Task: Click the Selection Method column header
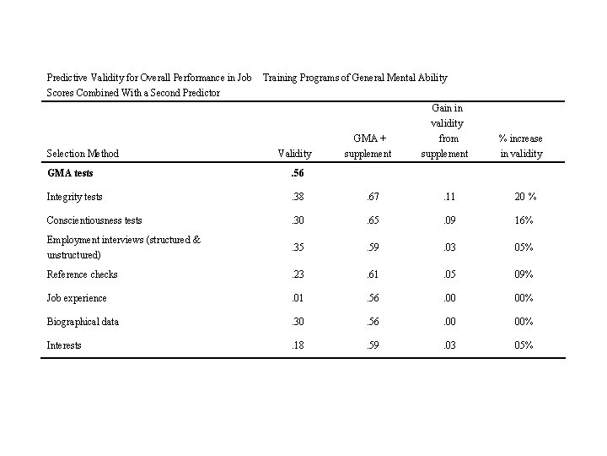click(x=83, y=154)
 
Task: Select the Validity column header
click(x=294, y=154)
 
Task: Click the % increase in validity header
click(x=520, y=145)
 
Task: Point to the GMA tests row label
click(x=70, y=174)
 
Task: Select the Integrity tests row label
click(x=74, y=197)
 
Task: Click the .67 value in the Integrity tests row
click(x=372, y=197)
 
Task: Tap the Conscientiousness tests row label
click(x=94, y=220)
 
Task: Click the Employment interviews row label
click(x=123, y=247)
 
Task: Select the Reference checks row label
click(x=82, y=274)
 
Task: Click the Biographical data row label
click(x=83, y=322)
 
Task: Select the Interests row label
click(x=64, y=345)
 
